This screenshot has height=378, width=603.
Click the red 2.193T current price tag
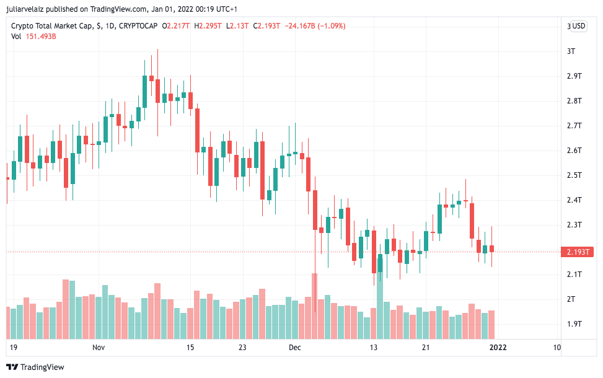pos(577,252)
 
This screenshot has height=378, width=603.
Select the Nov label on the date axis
pos(99,348)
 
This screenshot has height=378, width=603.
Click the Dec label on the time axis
pos(294,348)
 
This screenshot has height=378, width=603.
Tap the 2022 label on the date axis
pos(498,348)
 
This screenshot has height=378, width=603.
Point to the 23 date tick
pos(242,348)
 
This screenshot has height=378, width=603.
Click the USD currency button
pos(578,26)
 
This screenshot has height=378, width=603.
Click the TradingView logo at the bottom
pos(35,367)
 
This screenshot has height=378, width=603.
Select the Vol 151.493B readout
pos(33,36)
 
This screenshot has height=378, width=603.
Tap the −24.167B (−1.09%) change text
pos(314,26)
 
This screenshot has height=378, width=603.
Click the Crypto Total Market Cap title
pos(52,26)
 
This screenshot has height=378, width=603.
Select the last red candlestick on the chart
pos(491,248)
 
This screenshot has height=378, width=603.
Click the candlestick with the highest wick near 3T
pos(157,90)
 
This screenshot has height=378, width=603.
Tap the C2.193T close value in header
pos(267,26)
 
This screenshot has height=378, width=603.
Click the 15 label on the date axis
pos(190,348)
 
